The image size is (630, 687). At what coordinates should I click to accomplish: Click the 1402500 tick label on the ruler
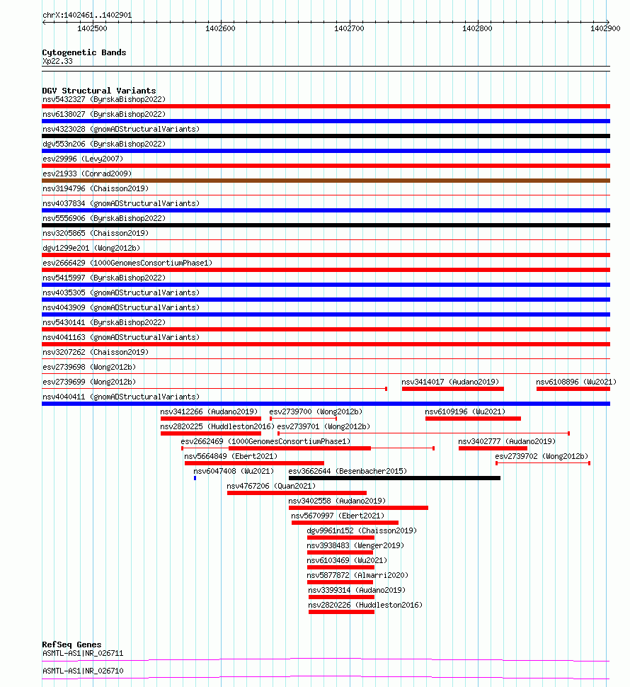92,28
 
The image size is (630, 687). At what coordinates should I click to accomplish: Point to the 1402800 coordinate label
477,28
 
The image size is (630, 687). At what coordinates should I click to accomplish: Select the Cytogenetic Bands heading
84,52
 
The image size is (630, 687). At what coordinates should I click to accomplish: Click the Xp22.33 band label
57,61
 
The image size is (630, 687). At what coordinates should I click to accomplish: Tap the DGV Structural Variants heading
98,91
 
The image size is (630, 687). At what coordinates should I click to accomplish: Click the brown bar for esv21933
326,181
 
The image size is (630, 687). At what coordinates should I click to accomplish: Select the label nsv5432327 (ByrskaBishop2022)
103,99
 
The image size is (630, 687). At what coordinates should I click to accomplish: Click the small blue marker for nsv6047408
195,478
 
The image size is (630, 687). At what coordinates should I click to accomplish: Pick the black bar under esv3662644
394,478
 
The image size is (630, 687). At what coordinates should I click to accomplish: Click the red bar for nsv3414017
452,389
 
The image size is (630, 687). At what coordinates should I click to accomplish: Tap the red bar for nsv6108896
573,389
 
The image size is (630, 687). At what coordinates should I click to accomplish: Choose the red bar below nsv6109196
473,419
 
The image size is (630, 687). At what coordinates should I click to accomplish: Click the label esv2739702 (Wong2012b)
541,456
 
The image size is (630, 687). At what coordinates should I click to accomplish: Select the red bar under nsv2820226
341,612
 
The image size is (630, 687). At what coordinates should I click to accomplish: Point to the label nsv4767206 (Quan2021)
271,486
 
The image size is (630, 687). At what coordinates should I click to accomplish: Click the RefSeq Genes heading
71,645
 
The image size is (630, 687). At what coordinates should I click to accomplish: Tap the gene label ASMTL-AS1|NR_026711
83,653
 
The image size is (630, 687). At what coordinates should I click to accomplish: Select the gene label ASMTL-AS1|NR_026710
83,671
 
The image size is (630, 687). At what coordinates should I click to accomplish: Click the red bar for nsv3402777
493,448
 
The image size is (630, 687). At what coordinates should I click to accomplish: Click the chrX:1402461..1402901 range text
87,15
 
